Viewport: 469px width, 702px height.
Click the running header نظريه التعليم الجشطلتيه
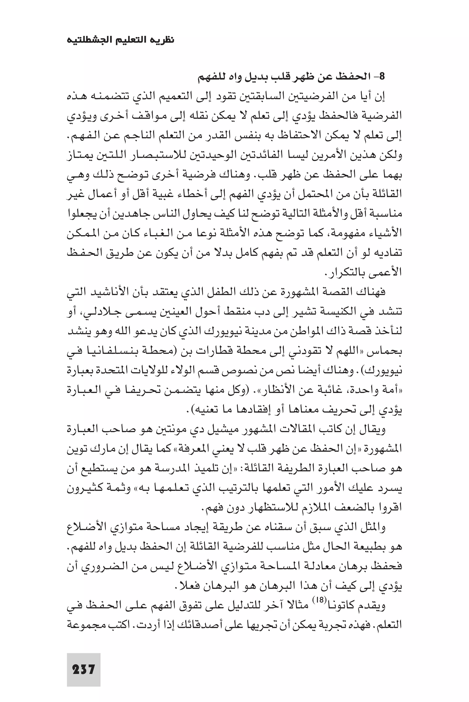120,40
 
